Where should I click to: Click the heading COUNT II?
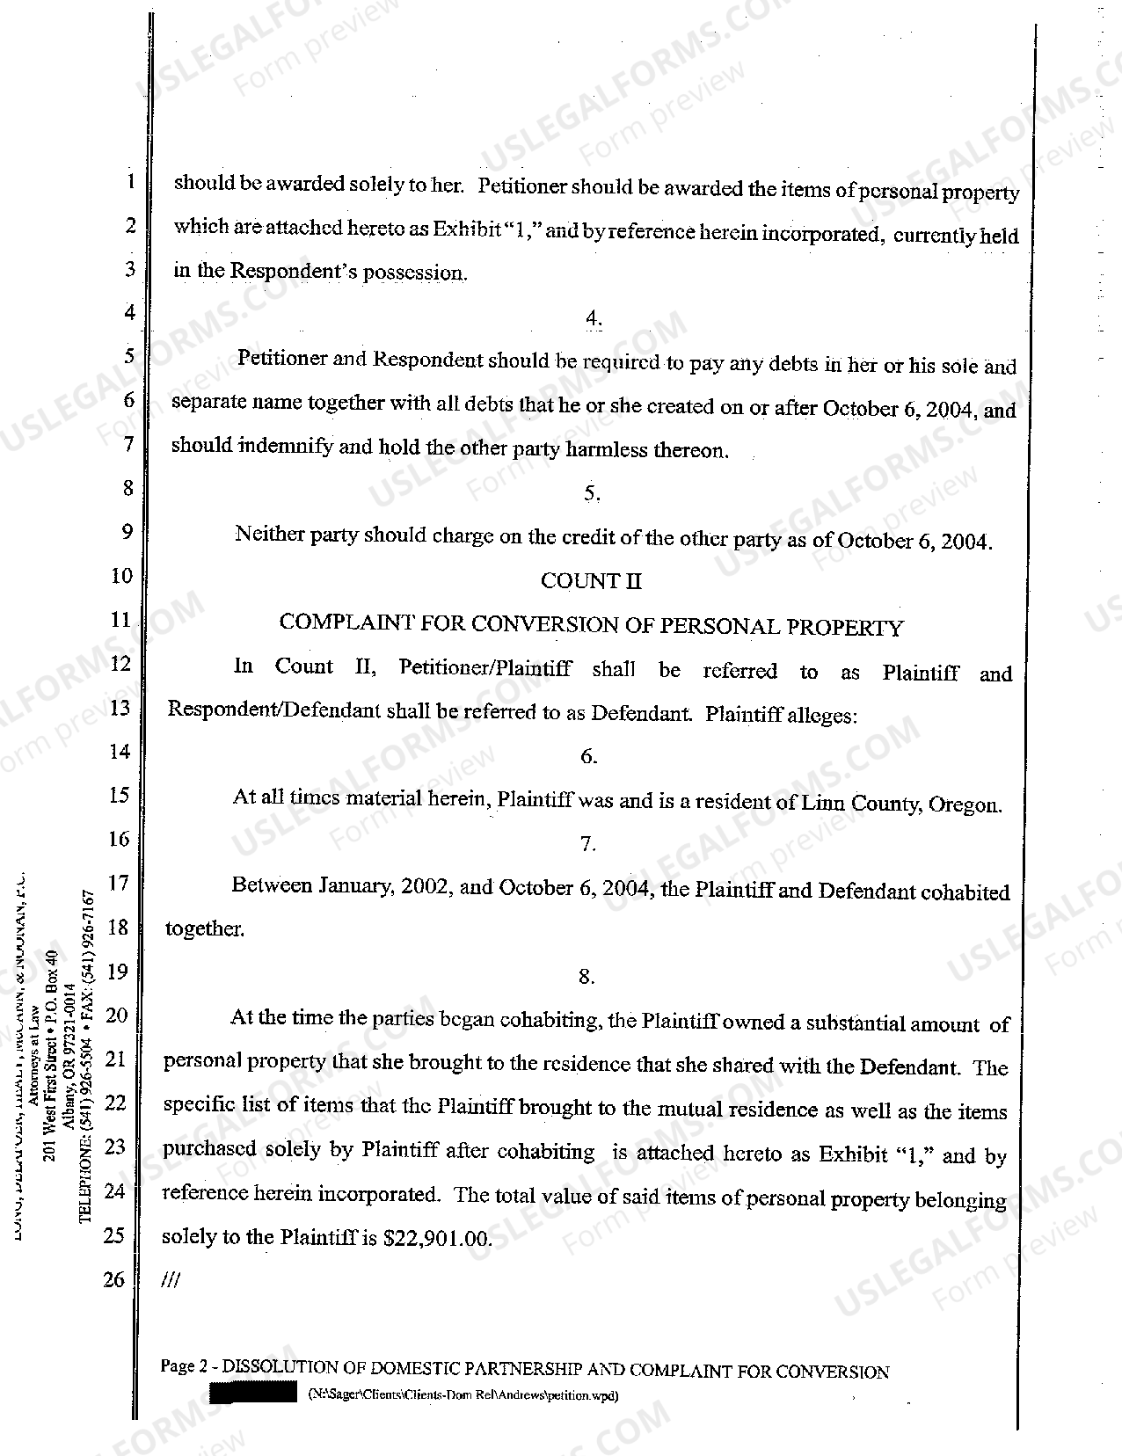tap(591, 580)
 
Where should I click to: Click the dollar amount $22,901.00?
tap(437, 1238)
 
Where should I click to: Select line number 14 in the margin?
tap(119, 752)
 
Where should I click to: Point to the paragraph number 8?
tap(586, 976)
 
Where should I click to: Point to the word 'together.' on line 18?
tap(205, 929)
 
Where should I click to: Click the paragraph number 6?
tap(589, 756)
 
